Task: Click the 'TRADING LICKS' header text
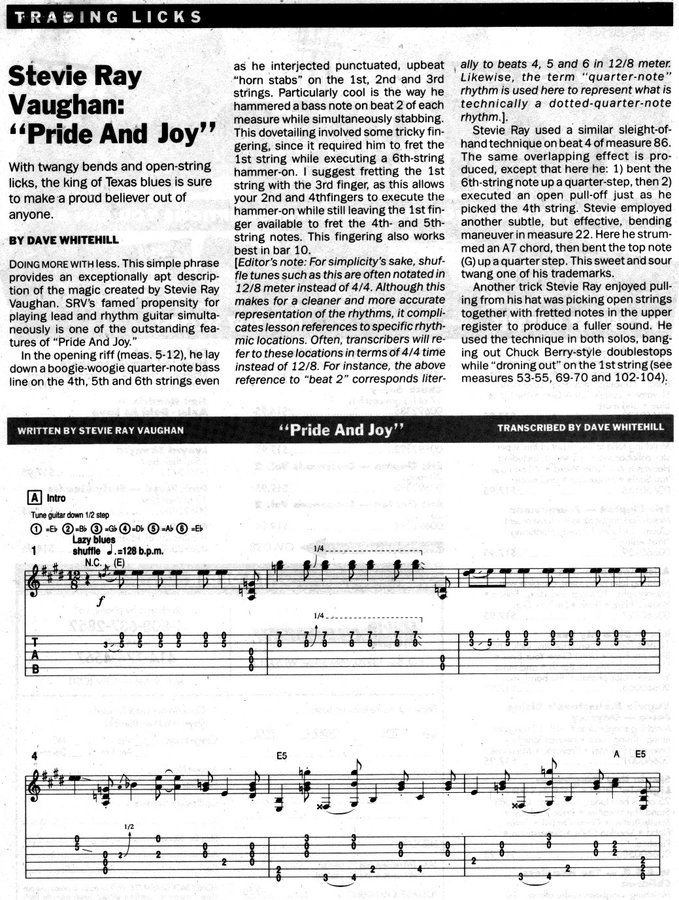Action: (108, 17)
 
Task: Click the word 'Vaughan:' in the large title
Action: (67, 104)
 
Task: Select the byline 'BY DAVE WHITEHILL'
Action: (64, 240)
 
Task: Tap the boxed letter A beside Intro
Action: (35, 498)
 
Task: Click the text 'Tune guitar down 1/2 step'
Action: (70, 515)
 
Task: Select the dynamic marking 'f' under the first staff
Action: (100, 602)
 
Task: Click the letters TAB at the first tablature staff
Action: (35, 655)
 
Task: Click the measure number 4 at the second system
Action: (34, 756)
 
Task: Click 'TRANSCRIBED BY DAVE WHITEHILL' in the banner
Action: (580, 428)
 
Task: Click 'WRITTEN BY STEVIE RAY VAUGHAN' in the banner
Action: (101, 430)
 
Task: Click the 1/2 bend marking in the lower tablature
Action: (129, 827)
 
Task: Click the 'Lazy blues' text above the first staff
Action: (93, 539)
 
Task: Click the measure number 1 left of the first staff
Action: (33, 551)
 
